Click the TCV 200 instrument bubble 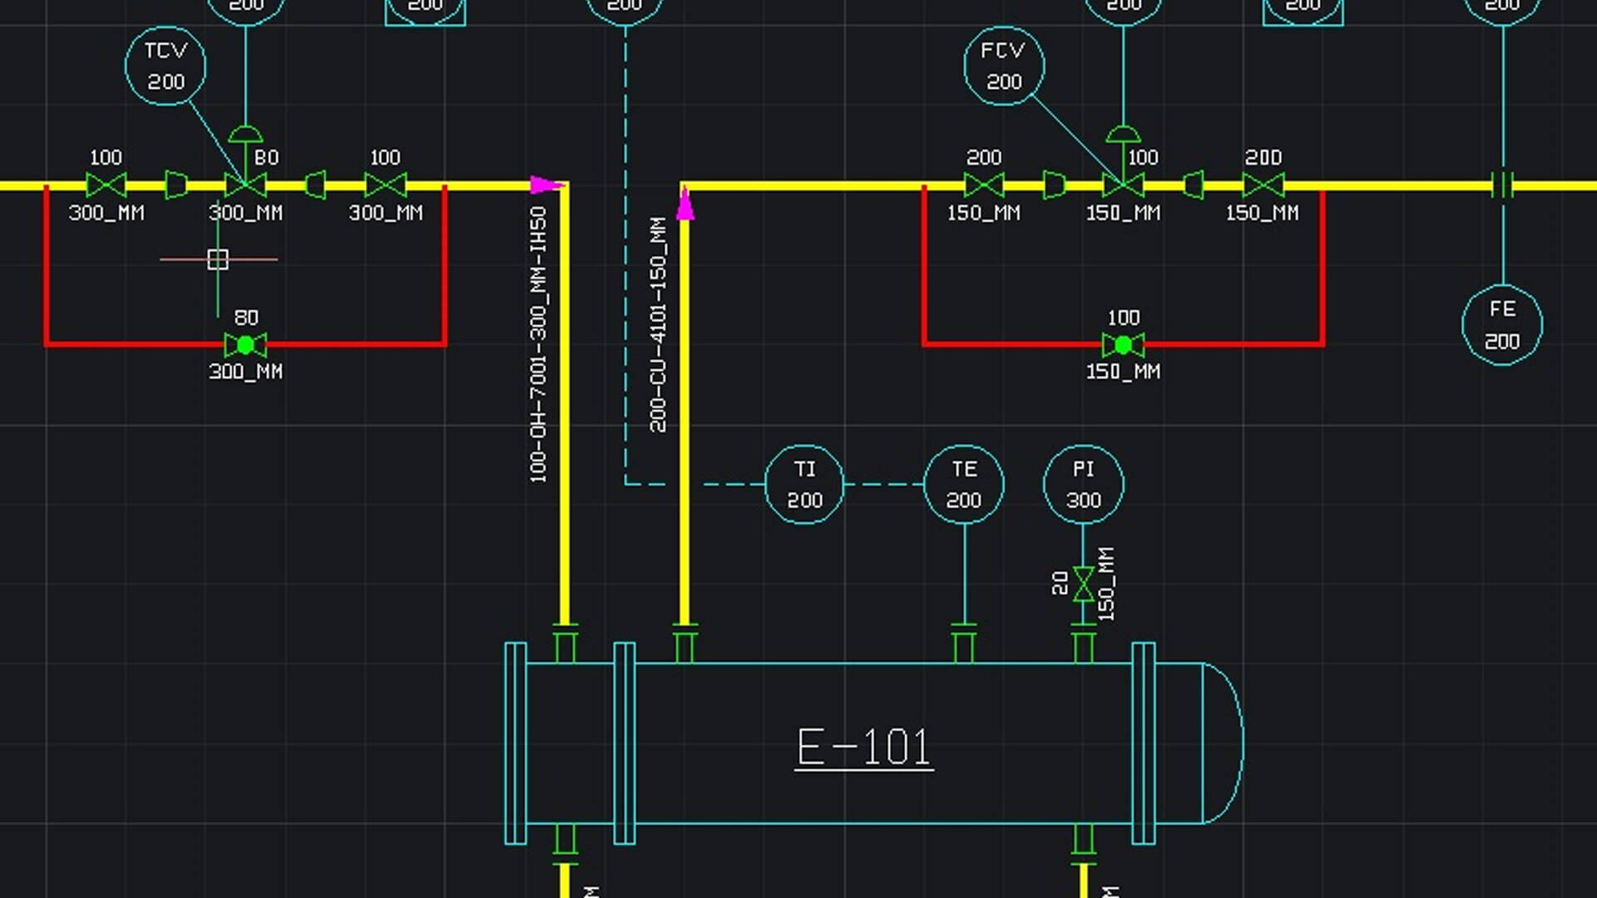pos(166,66)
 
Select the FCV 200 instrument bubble pos(1004,66)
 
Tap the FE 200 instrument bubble pos(1502,325)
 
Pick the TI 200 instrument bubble pos(804,485)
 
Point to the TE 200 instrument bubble pos(964,485)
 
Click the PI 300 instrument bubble pos(1083,485)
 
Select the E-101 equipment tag pos(863,747)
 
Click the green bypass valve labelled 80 pos(245,344)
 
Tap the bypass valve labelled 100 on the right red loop pos(1123,344)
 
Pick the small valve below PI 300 pos(1083,584)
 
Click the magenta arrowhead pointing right pos(546,185)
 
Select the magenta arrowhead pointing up pos(685,205)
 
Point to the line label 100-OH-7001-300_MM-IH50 pos(538,344)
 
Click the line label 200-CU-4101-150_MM pos(658,324)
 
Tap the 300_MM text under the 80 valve pos(245,372)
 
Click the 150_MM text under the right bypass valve pos(1123,372)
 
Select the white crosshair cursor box pos(218,259)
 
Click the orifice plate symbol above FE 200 pos(1502,185)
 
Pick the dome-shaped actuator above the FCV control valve pos(1123,135)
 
